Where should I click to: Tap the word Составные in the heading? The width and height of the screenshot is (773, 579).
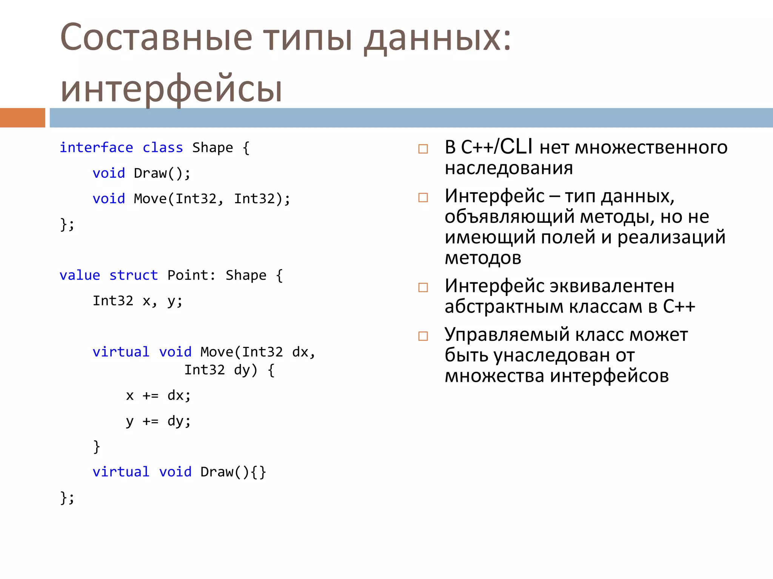(156, 38)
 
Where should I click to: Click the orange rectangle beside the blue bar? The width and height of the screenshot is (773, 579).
(22, 118)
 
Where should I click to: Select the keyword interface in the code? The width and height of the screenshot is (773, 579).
(96, 147)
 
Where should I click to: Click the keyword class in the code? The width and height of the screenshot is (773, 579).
(163, 147)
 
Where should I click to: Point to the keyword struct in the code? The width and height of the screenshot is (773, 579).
(133, 275)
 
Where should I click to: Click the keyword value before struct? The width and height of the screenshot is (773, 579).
(80, 275)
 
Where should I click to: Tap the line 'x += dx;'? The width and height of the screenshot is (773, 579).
(159, 395)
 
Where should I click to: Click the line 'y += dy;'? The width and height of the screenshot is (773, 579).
(159, 421)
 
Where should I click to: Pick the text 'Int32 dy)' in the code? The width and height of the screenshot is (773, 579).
(221, 370)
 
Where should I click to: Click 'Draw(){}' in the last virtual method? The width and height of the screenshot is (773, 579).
(233, 472)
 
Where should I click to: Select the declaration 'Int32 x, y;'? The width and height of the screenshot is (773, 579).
(138, 301)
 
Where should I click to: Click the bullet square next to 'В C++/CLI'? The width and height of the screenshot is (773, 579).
(423, 149)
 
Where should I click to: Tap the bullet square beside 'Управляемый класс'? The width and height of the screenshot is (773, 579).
(423, 336)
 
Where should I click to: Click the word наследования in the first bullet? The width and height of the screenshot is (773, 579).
(508, 168)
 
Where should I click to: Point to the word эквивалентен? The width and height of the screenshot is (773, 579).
(611, 286)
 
